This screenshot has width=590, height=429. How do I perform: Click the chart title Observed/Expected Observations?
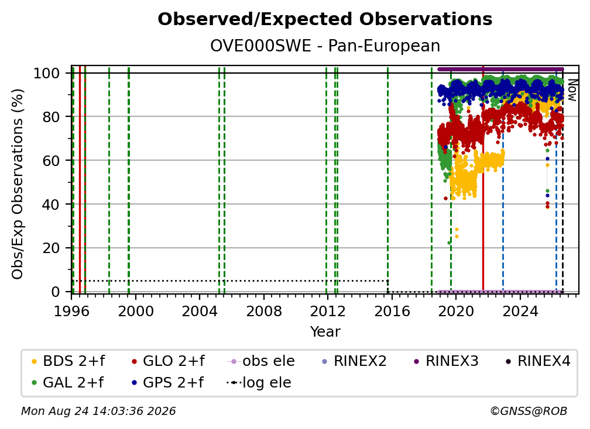(x=325, y=19)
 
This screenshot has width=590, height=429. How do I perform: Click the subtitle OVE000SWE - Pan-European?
(x=325, y=46)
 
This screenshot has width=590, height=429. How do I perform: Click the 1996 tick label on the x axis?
(x=71, y=312)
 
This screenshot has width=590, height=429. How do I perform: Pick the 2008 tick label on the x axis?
(x=264, y=312)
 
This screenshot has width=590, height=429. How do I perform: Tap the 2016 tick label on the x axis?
(x=392, y=312)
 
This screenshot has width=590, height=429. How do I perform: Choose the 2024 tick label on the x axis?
(x=520, y=312)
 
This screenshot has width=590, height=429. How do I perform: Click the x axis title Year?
(x=325, y=332)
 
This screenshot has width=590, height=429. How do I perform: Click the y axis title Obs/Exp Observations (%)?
(x=18, y=184)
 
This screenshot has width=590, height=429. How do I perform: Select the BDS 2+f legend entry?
(x=68, y=361)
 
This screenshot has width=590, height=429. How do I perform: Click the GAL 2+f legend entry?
(x=68, y=383)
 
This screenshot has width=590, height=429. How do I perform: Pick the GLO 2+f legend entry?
(x=168, y=361)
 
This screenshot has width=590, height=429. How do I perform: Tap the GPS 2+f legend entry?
(x=167, y=383)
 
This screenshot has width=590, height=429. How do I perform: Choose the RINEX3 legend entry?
(x=446, y=361)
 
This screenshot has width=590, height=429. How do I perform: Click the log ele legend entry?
(x=259, y=383)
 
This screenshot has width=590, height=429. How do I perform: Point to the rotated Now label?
(x=572, y=90)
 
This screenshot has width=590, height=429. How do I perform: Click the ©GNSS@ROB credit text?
(x=529, y=411)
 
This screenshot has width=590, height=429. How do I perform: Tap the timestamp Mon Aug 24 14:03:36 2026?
(x=98, y=411)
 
